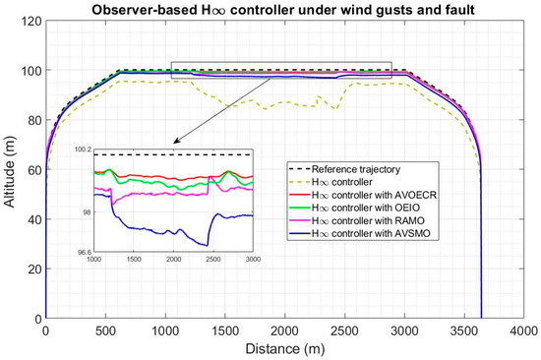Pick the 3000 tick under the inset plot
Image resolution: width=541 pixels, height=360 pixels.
(x=253, y=260)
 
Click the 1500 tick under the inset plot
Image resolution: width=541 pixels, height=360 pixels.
(x=134, y=260)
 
